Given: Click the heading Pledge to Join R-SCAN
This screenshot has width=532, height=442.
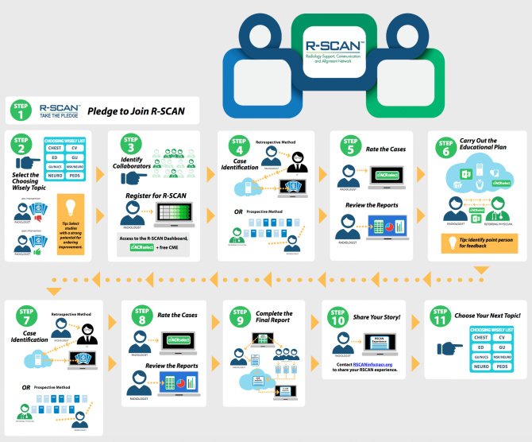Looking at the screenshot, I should coord(136,111).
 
